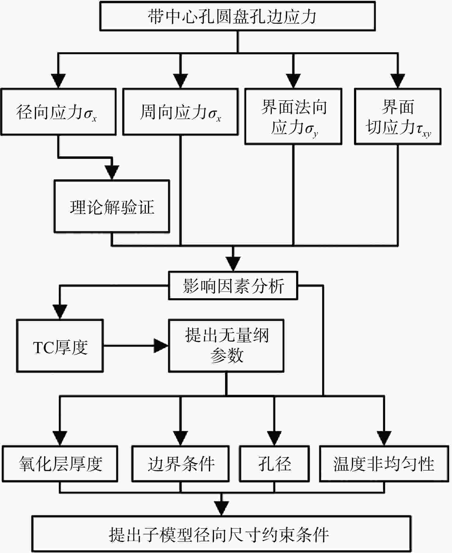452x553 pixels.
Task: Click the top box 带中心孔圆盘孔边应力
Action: tap(238, 16)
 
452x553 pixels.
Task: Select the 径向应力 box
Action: tap(58, 112)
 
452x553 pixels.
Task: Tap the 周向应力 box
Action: tap(180, 112)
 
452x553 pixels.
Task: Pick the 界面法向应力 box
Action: tap(293, 117)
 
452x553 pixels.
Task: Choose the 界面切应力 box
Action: tap(398, 117)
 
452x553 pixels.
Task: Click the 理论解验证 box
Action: tap(112, 207)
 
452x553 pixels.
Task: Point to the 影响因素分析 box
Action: tap(233, 286)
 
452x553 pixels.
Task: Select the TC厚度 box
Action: tap(60, 346)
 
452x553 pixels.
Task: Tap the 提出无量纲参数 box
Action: tap(226, 346)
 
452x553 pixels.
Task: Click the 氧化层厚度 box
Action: tap(60, 464)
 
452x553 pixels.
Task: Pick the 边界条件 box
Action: tap(180, 464)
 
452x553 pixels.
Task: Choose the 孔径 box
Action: tap(274, 464)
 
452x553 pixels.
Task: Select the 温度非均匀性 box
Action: tap(384, 464)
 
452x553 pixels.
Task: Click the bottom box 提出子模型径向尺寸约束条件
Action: tap(221, 534)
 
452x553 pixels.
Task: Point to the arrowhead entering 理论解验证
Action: tap(112, 173)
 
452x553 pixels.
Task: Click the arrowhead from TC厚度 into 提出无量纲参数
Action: tap(161, 346)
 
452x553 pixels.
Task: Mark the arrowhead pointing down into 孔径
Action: tap(274, 439)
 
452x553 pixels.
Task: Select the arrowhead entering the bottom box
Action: tap(221, 509)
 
